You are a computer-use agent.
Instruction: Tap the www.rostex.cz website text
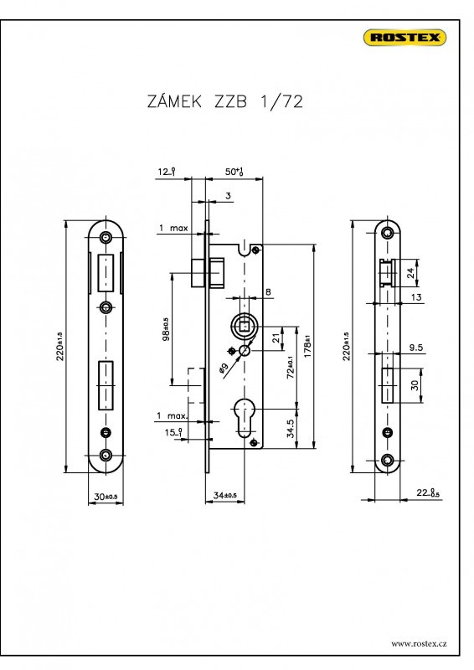(x=419, y=643)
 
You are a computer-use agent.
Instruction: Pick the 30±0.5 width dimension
(x=106, y=497)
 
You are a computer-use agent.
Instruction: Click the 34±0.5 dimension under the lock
(x=224, y=496)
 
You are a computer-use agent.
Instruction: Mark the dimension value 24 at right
(x=410, y=271)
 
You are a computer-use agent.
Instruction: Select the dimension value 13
(x=416, y=298)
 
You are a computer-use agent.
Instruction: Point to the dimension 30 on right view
(x=415, y=385)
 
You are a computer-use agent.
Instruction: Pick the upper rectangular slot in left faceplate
(x=106, y=272)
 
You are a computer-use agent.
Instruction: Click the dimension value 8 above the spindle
(x=268, y=292)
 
